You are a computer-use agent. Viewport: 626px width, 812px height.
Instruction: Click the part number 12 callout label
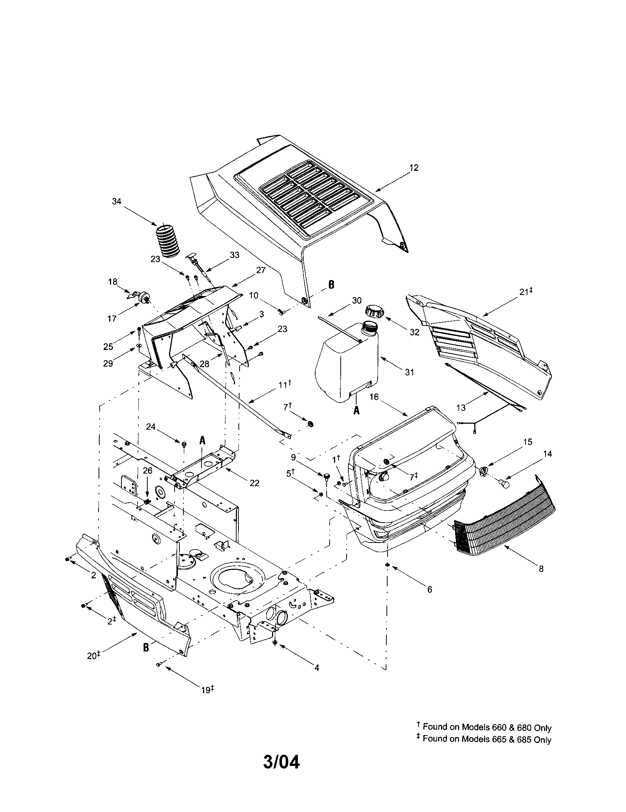click(414, 168)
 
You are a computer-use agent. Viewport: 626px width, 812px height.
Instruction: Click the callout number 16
click(374, 397)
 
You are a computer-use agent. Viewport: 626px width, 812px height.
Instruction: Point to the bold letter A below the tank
click(356, 411)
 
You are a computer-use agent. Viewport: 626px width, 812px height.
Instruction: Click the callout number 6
click(430, 589)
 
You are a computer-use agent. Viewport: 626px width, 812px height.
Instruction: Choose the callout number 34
click(117, 201)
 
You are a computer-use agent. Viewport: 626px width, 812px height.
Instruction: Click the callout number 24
click(150, 427)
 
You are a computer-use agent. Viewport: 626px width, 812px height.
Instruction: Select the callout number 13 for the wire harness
click(461, 408)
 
